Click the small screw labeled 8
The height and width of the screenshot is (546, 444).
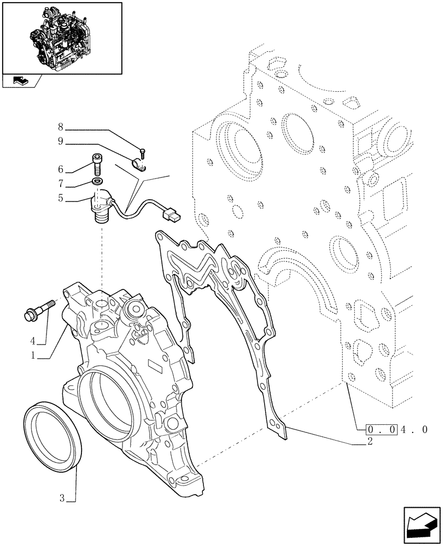point(142,152)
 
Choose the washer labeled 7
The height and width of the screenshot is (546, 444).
point(97,181)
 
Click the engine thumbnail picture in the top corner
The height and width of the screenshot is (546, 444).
point(61,38)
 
